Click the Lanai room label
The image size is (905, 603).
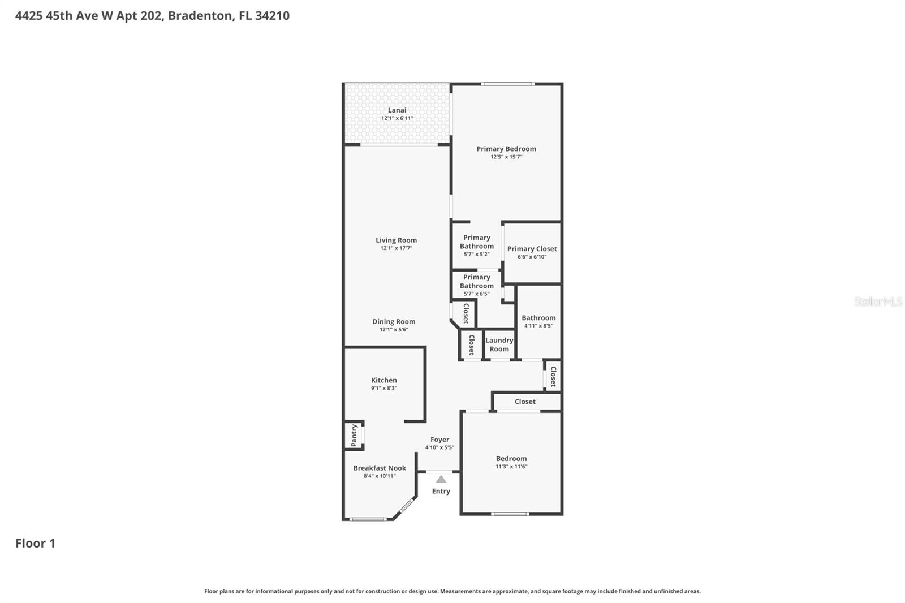tap(397, 110)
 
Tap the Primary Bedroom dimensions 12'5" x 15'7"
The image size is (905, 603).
tap(506, 157)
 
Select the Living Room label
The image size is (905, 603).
tap(396, 240)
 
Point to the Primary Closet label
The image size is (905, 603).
tap(532, 249)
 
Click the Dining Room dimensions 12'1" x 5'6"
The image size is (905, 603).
tap(394, 330)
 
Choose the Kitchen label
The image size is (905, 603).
tap(383, 380)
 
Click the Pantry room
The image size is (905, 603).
tap(354, 436)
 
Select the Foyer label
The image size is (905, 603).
tap(439, 440)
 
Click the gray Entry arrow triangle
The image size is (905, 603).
tap(441, 480)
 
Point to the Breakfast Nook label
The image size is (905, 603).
tap(380, 468)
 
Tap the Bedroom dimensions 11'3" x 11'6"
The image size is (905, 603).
tap(511, 467)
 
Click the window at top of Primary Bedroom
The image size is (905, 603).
tap(507, 84)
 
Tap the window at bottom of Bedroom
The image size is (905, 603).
tap(510, 514)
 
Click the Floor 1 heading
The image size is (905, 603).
tap(35, 543)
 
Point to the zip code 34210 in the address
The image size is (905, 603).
tap(272, 16)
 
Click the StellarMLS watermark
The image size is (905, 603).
tap(878, 301)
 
